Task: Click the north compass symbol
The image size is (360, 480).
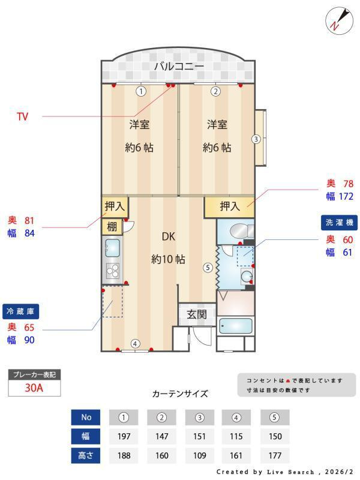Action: [339, 20]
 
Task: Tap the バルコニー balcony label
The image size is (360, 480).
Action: [179, 66]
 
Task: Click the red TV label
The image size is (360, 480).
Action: [22, 116]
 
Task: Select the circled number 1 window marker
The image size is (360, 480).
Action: [140, 92]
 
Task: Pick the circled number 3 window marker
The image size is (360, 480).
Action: [256, 139]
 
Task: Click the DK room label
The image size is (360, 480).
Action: [168, 236]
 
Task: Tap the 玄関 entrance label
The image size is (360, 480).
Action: [196, 314]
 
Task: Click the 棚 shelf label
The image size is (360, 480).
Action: [112, 227]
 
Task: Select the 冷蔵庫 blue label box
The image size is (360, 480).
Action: [22, 311]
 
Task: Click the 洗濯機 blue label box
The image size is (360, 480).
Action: [340, 222]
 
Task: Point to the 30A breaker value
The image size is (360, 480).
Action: [34, 388]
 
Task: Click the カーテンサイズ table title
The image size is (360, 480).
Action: [180, 394]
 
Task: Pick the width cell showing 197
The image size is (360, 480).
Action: [124, 436]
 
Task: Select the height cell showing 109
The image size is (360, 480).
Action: [200, 455]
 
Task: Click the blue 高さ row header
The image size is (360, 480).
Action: [86, 455]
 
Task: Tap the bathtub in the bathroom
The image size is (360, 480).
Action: [235, 327]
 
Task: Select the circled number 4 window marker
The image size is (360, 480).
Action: [136, 344]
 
